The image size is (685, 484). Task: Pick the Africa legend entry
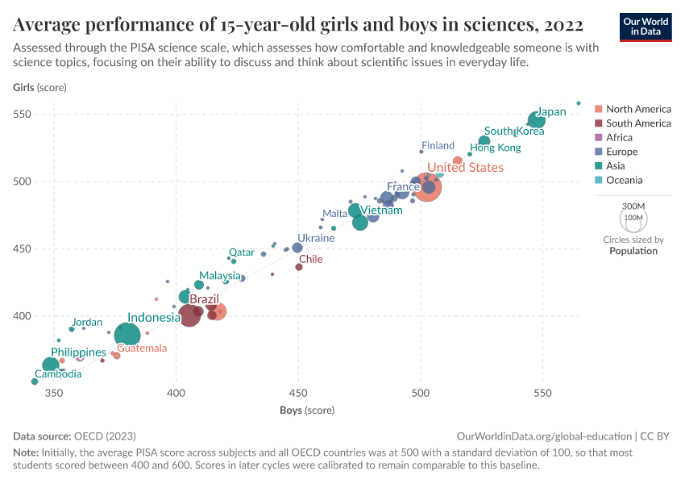pos(619,137)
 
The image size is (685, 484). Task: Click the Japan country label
pos(552,112)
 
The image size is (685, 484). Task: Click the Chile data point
pos(299,266)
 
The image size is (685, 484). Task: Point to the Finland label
pos(438,146)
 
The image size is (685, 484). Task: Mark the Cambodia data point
pos(35,382)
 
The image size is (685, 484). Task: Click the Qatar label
pos(242,252)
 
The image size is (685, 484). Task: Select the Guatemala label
pos(142,348)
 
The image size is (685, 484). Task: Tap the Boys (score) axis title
pos(307,411)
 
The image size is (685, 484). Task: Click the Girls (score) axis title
pos(39,87)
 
